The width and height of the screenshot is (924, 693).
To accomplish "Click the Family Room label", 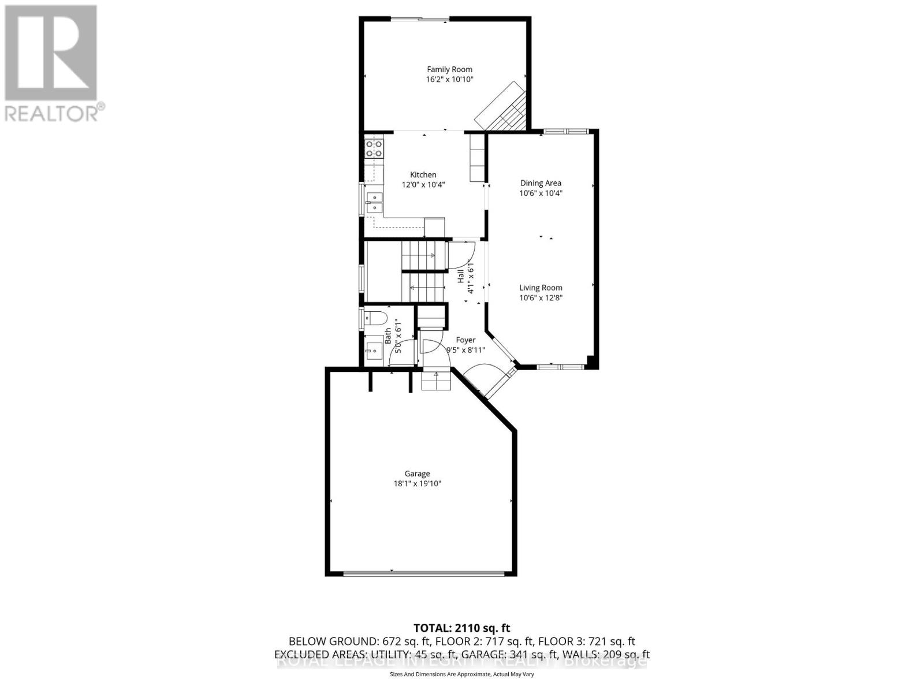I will click(x=449, y=69).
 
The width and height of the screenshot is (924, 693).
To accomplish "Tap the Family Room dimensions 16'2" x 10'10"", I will click(x=449, y=80).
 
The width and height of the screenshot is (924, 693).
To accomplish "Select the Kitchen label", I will click(x=423, y=174).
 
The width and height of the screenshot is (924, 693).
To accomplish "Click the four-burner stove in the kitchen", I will click(x=374, y=148).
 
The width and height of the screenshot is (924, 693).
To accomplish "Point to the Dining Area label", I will click(x=541, y=183).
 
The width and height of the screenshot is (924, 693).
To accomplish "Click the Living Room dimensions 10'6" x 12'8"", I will click(x=541, y=298).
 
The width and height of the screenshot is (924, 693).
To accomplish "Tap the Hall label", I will click(x=461, y=276).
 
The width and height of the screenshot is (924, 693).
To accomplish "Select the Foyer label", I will click(x=465, y=340).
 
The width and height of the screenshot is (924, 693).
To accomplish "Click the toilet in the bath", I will click(x=375, y=318).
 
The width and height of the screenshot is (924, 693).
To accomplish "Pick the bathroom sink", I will click(x=373, y=350).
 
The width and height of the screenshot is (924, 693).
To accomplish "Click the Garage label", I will click(x=417, y=474).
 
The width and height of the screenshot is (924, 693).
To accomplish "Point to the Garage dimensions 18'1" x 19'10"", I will click(x=417, y=484).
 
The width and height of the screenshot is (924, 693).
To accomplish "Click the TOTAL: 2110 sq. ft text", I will click(x=461, y=628).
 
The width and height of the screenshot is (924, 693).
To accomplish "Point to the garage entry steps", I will click(x=436, y=381).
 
